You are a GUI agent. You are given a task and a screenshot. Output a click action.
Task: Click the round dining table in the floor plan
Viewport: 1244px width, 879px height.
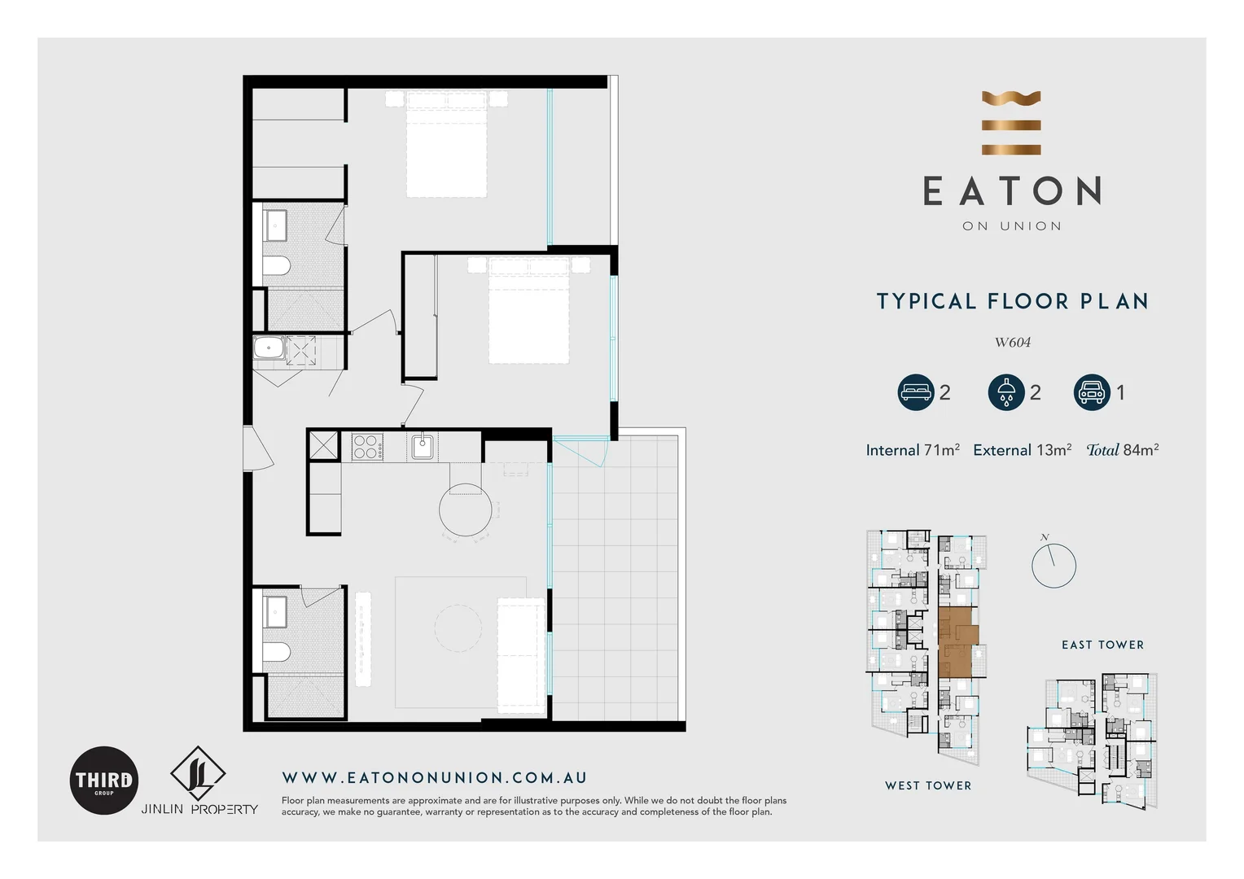click(x=466, y=510)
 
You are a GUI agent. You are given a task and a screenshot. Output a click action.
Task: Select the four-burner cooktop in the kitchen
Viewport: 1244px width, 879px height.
click(x=367, y=448)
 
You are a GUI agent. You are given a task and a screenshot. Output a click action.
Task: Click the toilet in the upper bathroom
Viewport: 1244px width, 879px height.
click(x=277, y=266)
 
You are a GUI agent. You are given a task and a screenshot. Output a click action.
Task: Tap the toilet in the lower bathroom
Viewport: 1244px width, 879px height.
click(x=277, y=652)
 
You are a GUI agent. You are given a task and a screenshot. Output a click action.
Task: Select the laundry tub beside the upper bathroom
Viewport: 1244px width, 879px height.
click(x=269, y=348)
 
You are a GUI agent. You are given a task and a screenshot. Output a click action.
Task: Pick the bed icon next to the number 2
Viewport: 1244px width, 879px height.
click(x=915, y=392)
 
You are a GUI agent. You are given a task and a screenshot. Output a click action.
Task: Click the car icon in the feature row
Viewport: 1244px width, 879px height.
click(x=1091, y=392)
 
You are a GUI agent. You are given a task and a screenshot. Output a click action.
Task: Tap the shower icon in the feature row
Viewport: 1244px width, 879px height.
click(x=1005, y=392)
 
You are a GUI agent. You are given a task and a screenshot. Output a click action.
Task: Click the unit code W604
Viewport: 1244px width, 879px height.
click(x=1012, y=343)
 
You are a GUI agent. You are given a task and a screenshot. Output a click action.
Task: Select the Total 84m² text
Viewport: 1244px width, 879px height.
click(x=1122, y=450)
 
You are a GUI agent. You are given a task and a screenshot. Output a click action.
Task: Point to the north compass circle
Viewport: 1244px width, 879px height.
click(x=1053, y=566)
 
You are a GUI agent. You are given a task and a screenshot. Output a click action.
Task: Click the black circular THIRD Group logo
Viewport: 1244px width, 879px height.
click(x=104, y=781)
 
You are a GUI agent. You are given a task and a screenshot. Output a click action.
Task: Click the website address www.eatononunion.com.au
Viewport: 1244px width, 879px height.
click(x=435, y=778)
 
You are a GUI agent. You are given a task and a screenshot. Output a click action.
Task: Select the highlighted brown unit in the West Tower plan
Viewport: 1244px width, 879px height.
click(x=956, y=642)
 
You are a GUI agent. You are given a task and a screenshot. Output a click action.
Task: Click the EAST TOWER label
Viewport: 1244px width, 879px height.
click(x=1102, y=645)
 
